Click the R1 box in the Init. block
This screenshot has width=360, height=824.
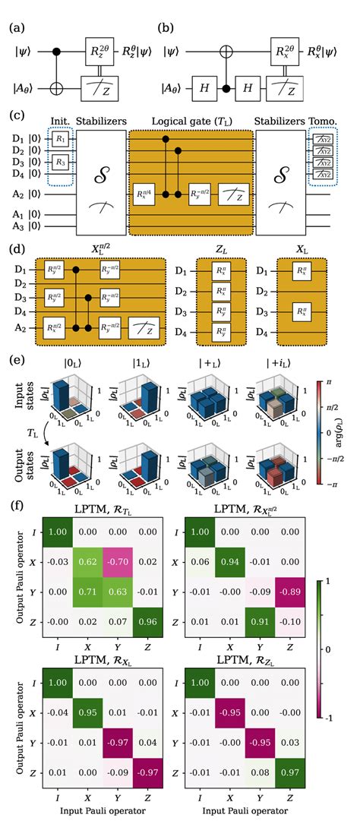[x=39, y=142]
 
